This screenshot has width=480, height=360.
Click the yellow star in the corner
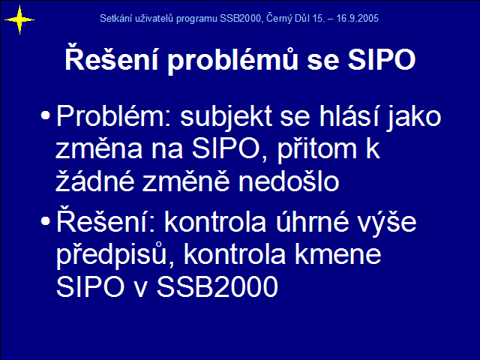coord(19,20)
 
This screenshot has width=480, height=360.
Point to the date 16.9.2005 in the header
coord(357,18)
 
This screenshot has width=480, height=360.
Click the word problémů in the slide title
coord(232,59)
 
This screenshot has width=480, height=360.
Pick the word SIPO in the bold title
coord(382,59)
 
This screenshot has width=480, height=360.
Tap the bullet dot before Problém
coord(45,115)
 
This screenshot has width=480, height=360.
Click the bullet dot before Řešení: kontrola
coord(45,221)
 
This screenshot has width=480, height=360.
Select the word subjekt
coord(226,117)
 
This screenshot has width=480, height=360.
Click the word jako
coord(414,117)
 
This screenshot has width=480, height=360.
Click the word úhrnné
coord(312,221)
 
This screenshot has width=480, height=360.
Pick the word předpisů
coord(112,255)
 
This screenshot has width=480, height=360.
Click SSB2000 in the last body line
coord(217,286)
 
